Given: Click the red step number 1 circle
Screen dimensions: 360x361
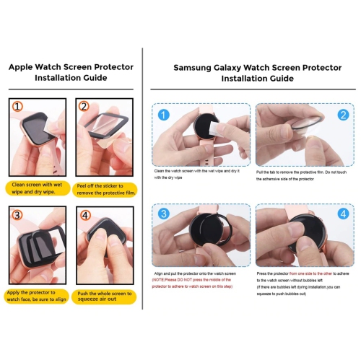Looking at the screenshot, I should click(17, 107).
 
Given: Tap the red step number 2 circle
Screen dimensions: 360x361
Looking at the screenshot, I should click(84, 107).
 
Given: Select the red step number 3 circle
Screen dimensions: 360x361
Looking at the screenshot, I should click(17, 214).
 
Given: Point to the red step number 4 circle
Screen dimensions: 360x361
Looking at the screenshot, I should click(84, 215).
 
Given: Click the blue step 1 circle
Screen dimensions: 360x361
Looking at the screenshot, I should click(162, 115).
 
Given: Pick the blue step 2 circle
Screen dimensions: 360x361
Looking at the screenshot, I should click(343, 115).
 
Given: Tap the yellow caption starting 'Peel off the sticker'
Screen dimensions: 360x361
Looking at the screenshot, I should click(105, 189).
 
